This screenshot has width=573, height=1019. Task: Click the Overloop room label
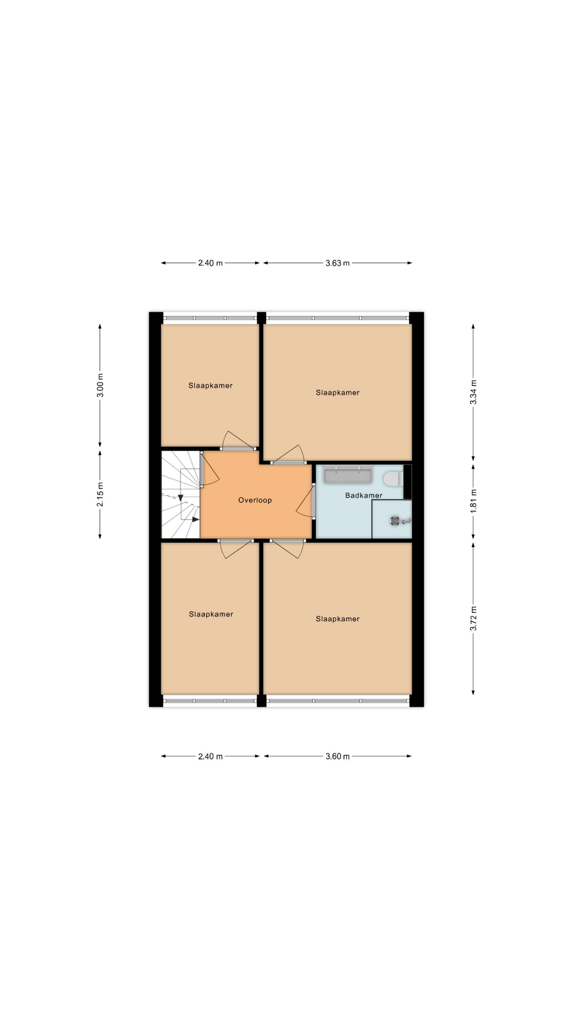tap(255, 500)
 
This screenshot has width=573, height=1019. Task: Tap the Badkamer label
tap(363, 495)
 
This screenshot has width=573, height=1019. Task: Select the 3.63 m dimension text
tap(337, 263)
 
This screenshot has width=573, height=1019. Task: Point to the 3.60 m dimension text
tap(337, 756)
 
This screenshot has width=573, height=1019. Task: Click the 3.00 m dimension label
tap(100, 385)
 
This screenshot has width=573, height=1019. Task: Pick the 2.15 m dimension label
tap(100, 494)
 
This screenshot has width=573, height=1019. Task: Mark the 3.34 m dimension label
tap(473, 392)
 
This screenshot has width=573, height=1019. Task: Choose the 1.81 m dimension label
tap(473, 500)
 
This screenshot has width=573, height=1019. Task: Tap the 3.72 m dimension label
tap(473, 619)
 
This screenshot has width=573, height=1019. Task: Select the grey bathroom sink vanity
tap(348, 475)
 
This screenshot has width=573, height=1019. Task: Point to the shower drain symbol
tap(396, 521)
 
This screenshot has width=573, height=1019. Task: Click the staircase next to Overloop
tap(180, 495)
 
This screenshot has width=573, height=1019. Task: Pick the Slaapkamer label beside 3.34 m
tap(337, 393)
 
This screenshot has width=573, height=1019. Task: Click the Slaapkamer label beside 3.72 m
tap(337, 619)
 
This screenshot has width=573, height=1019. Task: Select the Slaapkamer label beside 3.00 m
tap(210, 386)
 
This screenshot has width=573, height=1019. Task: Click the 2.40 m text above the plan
tap(210, 263)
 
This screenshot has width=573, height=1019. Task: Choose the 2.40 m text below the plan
tap(210, 756)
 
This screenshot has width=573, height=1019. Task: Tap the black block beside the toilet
tap(407, 482)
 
